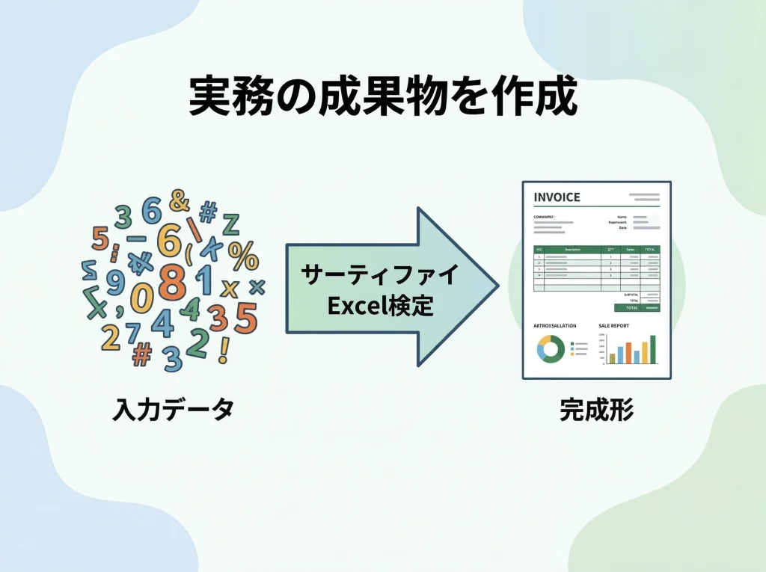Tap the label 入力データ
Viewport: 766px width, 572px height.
click(x=174, y=409)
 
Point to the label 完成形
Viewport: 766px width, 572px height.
click(x=596, y=409)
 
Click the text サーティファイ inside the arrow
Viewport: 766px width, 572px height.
click(x=379, y=275)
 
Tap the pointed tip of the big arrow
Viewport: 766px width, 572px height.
click(x=496, y=286)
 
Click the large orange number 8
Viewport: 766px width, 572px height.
click(x=173, y=282)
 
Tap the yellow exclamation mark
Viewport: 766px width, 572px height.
click(x=224, y=350)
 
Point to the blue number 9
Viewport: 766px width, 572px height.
click(x=115, y=282)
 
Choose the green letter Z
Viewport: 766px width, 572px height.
click(x=230, y=224)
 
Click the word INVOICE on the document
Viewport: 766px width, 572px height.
click(x=557, y=197)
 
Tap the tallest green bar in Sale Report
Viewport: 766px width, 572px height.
click(x=652, y=348)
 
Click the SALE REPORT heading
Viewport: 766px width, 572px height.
click(x=613, y=327)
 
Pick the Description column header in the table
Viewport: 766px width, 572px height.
click(x=573, y=249)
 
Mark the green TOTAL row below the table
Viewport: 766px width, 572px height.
click(x=637, y=307)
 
